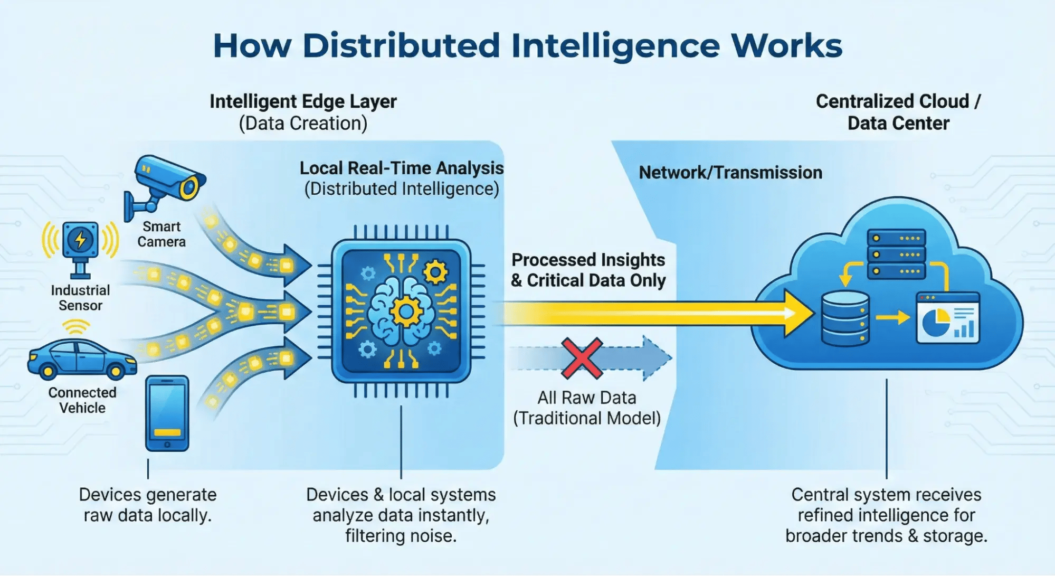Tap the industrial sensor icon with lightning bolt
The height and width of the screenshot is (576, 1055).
80,240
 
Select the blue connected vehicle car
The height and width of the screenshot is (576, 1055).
82,359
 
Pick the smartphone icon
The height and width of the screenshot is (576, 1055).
167,413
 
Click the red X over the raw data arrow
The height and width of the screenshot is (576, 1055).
582,358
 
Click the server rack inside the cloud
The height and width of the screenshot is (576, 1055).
896,254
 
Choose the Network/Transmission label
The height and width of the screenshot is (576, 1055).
730,173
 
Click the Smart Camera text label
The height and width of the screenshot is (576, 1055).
161,234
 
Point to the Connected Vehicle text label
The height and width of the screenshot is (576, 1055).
82,400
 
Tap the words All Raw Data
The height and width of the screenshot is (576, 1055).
587,398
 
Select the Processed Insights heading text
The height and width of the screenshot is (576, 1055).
588,260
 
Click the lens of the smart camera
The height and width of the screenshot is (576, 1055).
189,187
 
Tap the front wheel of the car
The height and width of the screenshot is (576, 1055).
115,371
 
